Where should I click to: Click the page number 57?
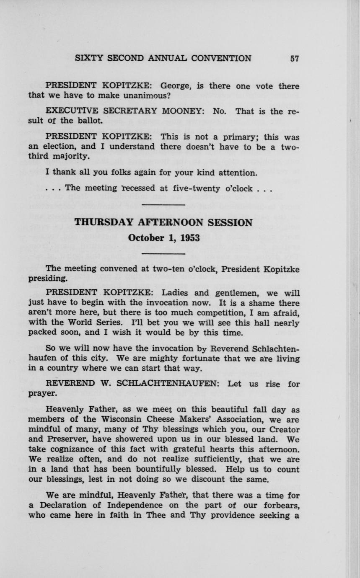click(295, 59)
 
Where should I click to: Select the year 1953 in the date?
click(189, 238)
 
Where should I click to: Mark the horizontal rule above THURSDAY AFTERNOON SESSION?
click(163, 205)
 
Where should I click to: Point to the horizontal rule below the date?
click(163, 254)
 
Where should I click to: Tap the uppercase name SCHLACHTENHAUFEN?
click(162, 384)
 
